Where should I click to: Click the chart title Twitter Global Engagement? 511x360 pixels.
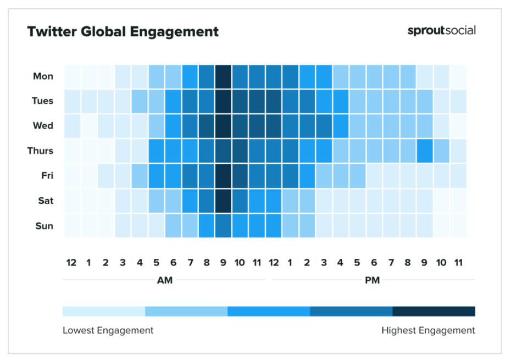(x=123, y=32)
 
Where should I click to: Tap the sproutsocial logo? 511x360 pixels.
(x=441, y=31)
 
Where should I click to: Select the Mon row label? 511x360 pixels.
(x=43, y=76)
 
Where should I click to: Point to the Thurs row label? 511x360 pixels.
(x=40, y=151)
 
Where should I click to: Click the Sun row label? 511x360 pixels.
(x=44, y=226)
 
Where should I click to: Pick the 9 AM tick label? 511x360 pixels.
(x=223, y=263)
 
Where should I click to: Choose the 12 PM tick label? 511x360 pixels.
(x=273, y=263)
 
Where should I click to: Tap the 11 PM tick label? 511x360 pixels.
(x=458, y=263)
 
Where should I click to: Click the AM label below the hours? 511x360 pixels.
(x=164, y=280)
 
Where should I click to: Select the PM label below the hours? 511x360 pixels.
(x=372, y=280)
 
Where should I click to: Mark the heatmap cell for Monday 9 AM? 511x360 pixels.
(x=223, y=76)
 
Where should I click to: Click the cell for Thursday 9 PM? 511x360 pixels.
(x=424, y=151)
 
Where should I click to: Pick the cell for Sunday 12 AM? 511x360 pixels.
(x=72, y=226)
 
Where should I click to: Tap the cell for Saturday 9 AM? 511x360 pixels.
(x=223, y=201)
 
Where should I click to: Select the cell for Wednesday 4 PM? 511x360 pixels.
(x=340, y=126)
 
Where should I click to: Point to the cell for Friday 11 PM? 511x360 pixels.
(x=458, y=176)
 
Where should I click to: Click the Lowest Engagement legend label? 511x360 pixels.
(x=108, y=330)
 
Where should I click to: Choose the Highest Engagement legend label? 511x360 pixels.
(x=428, y=330)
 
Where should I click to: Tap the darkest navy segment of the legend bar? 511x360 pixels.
(x=434, y=312)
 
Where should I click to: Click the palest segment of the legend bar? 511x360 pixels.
(x=104, y=312)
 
